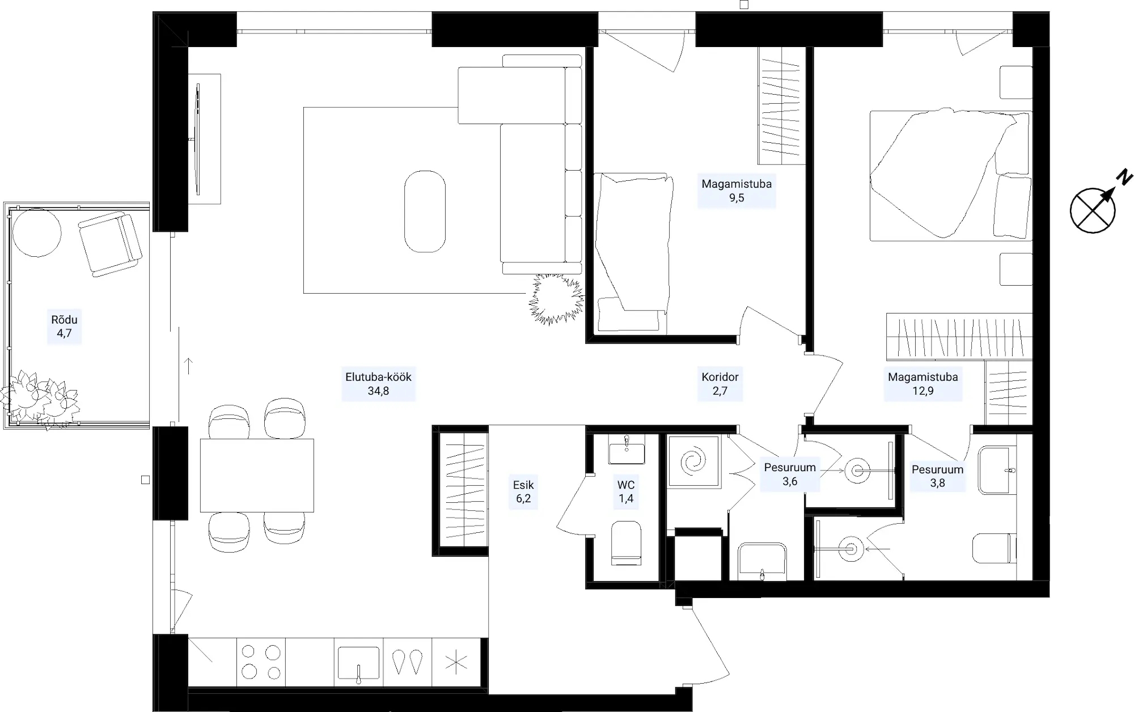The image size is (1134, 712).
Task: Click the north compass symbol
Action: [1093, 210]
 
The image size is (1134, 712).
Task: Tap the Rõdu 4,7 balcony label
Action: [64, 327]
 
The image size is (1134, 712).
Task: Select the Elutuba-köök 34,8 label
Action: [378, 384]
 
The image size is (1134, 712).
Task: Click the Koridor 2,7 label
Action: [720, 384]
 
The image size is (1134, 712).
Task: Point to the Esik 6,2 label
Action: [523, 491]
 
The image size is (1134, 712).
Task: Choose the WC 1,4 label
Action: [626, 491]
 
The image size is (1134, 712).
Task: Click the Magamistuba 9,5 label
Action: [737, 191]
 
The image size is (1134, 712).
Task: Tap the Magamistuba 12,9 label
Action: [923, 384]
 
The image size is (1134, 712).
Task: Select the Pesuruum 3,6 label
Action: [790, 474]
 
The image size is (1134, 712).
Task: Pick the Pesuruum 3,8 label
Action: [937, 476]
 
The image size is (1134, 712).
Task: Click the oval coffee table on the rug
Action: [425, 211]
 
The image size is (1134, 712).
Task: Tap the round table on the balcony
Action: [37, 232]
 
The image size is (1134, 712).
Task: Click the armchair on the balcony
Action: [111, 244]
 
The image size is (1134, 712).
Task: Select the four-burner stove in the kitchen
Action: [261, 662]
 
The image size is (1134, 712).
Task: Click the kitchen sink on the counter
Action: [358, 663]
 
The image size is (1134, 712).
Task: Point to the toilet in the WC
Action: [626, 543]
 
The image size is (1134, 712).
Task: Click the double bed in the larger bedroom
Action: [951, 176]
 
